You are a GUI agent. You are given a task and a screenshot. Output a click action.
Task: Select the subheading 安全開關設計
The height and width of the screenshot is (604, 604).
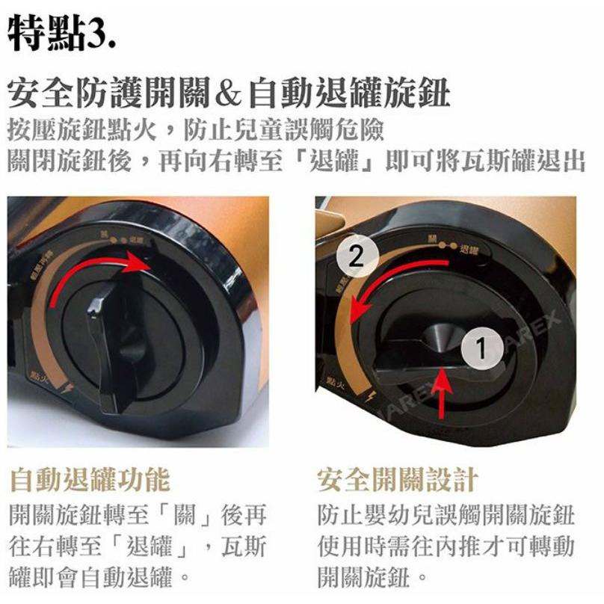pos(397,479)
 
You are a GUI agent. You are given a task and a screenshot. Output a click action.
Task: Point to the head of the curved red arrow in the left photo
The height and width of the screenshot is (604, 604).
pos(139,262)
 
